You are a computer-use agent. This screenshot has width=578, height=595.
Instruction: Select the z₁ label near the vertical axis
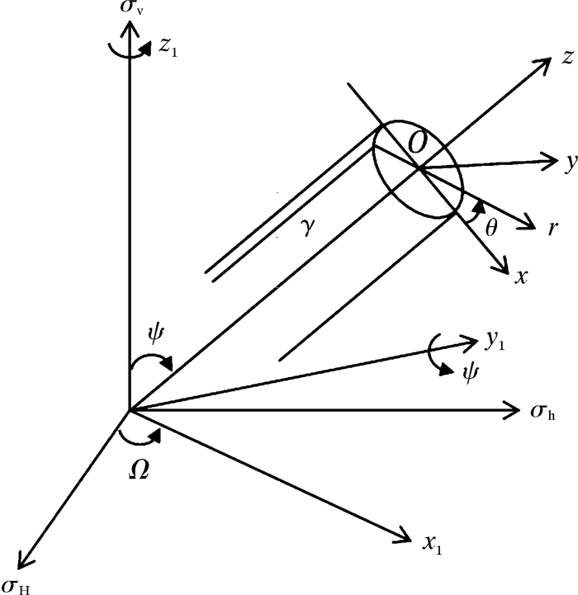tap(169, 47)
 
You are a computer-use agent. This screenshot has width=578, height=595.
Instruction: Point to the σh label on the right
tap(544, 411)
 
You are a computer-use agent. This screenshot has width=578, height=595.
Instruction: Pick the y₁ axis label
tap(495, 338)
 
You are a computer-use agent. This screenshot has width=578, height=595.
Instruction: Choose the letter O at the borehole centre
tap(419, 143)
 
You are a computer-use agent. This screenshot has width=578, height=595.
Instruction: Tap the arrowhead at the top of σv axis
tap(128, 28)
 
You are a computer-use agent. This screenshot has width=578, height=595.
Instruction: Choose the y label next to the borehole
tap(570, 163)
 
